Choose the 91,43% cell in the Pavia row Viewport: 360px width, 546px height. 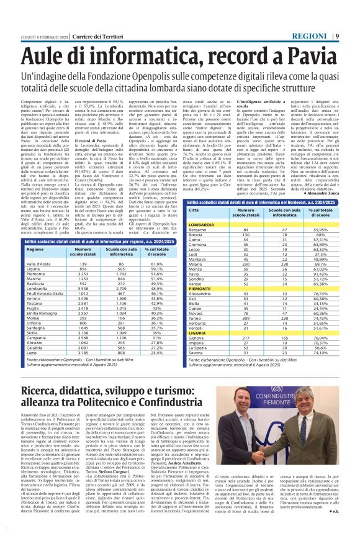(x=320, y=273)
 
